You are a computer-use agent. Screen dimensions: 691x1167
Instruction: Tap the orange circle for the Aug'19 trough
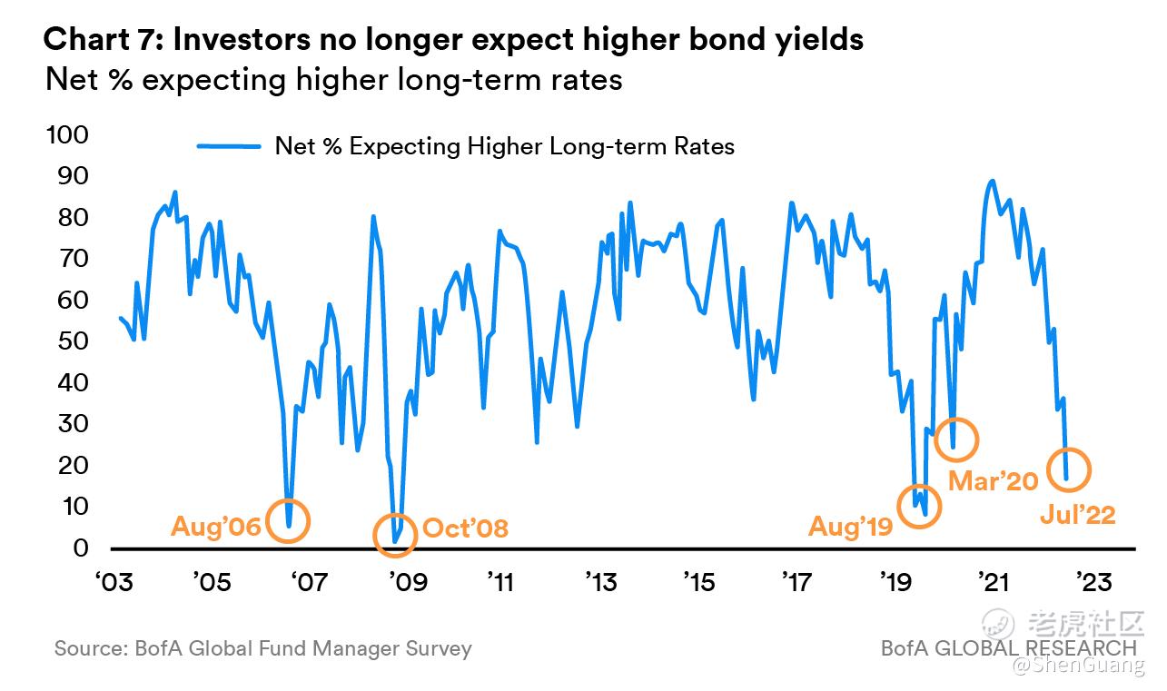(919, 506)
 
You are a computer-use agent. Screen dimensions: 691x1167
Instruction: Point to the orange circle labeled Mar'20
(955, 439)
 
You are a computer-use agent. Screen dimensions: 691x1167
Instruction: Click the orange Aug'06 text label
(215, 527)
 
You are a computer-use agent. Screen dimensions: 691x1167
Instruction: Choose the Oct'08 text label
(465, 528)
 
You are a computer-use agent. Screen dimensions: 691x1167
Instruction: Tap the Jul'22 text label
(1078, 515)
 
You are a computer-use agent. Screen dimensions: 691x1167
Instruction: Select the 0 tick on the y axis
(80, 548)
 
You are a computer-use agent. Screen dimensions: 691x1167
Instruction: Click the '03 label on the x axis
(111, 580)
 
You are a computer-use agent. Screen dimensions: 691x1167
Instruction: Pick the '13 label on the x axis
(601, 580)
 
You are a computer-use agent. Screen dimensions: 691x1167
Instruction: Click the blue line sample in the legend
(228, 145)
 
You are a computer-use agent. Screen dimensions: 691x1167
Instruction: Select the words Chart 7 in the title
(100, 40)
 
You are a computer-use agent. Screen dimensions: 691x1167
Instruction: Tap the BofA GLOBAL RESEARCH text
(1008, 648)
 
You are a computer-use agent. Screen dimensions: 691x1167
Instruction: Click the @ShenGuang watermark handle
(1079, 666)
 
